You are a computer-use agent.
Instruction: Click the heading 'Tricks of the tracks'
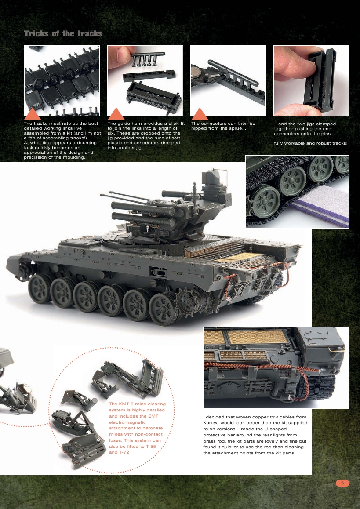click(x=63, y=34)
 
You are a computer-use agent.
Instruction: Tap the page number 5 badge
click(x=342, y=483)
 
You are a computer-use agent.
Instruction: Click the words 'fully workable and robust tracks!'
click(x=310, y=143)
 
